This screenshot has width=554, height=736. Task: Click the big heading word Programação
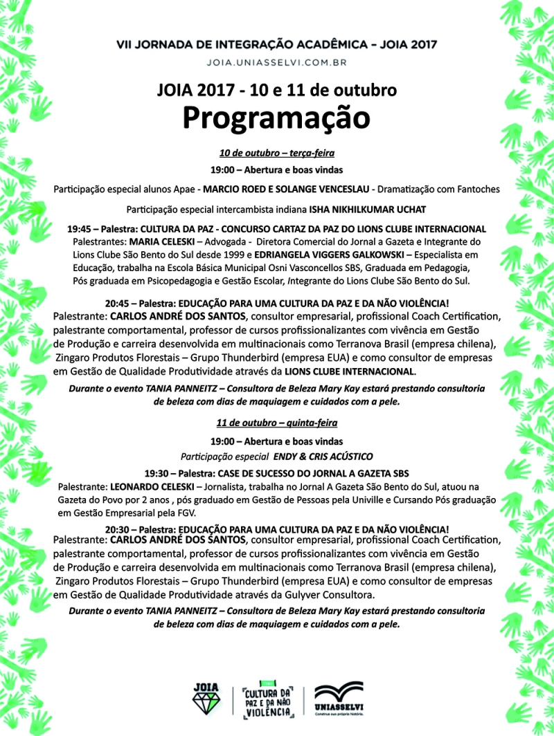[276, 118]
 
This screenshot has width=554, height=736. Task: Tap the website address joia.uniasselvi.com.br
[276, 62]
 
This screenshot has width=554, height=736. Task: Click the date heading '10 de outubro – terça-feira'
[276, 153]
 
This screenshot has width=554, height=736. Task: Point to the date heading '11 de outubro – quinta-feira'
[276, 422]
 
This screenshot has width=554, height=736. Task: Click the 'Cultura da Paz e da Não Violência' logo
[269, 701]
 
